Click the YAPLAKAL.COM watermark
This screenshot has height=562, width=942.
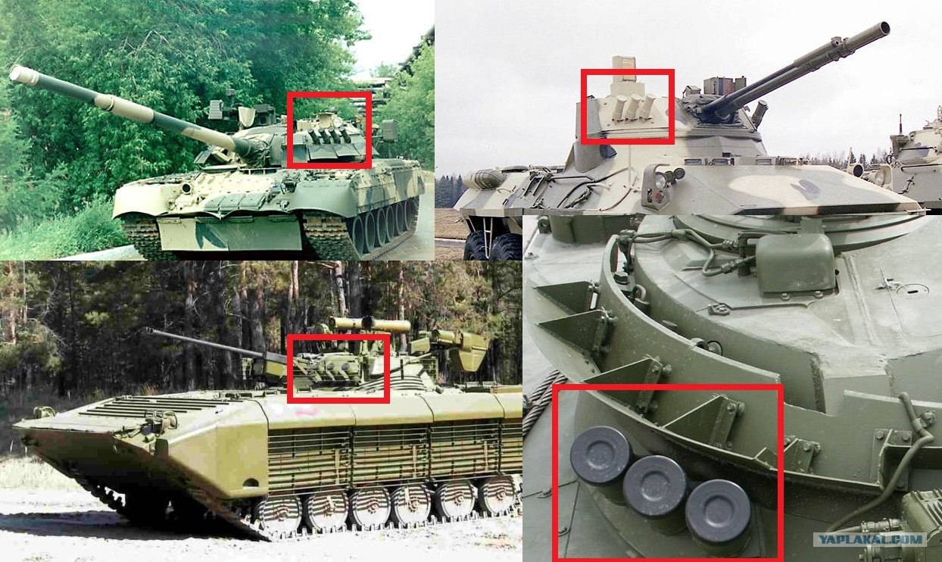pyautogui.click(x=869, y=539)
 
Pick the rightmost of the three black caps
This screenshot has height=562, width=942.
pyautogui.click(x=717, y=511)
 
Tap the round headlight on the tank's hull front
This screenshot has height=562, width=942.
pyautogui.click(x=184, y=188)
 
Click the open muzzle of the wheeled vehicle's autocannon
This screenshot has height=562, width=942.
pyautogui.click(x=885, y=29)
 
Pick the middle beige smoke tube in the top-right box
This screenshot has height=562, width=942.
pyautogui.click(x=632, y=107)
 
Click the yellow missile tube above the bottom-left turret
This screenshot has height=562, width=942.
pyautogui.click(x=370, y=324)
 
